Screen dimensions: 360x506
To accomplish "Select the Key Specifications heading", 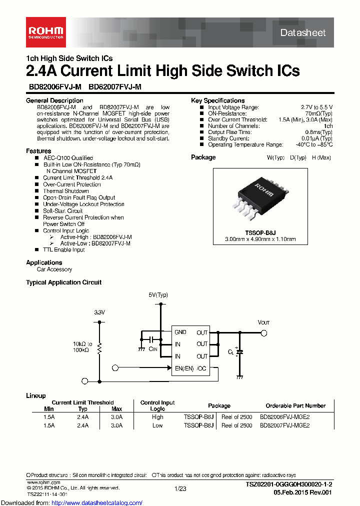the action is (x=217, y=100).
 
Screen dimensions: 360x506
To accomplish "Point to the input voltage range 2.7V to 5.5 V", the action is (x=316, y=107).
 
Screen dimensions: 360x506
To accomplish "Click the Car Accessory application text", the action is (x=54, y=269).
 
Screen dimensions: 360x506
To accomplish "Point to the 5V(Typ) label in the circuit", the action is (x=158, y=295).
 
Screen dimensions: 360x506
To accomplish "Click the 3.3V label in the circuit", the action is (x=99, y=312).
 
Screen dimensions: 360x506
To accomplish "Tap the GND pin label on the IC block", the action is (x=180, y=332).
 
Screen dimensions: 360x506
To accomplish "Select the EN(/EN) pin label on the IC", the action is (x=183, y=368).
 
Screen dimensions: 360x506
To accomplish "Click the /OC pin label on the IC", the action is (x=202, y=368).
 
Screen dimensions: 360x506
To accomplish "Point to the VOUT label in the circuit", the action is (x=263, y=322).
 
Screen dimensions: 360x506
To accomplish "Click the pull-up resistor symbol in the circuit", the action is (x=99, y=348).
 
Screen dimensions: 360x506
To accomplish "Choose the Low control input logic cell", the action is (x=157, y=425).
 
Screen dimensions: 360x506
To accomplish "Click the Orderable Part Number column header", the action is (x=295, y=405).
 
